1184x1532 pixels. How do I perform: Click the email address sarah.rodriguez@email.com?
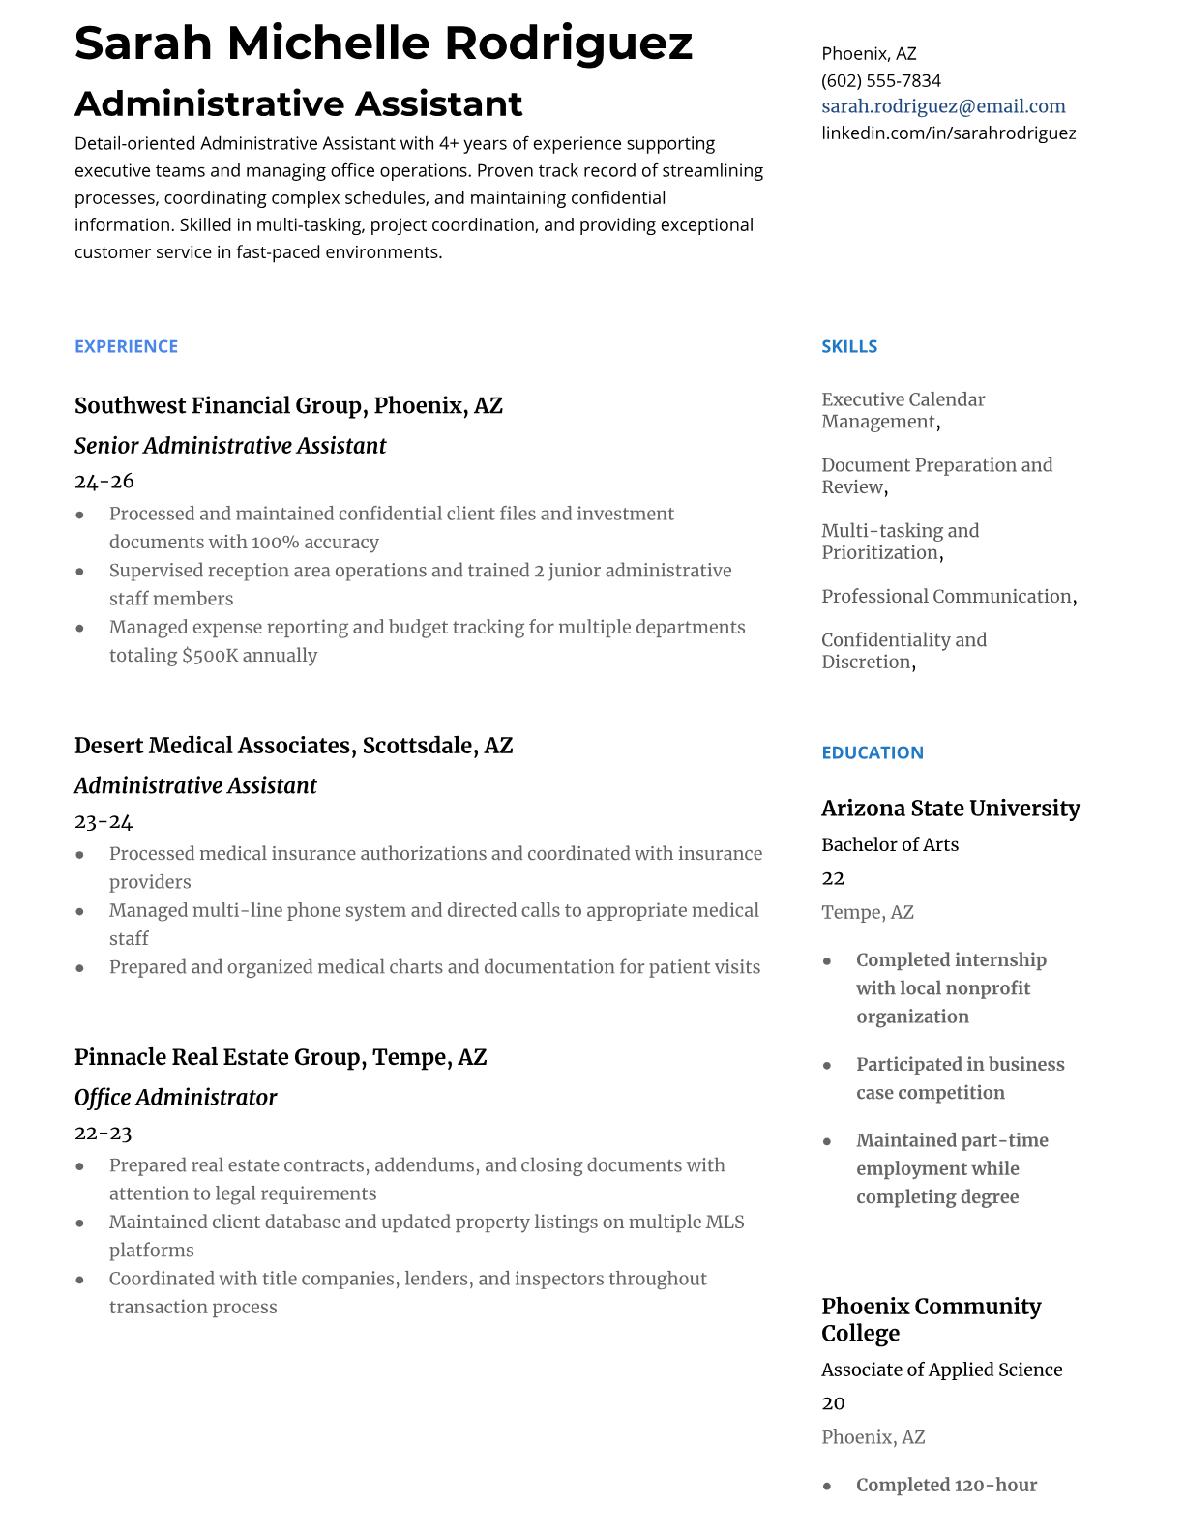943,106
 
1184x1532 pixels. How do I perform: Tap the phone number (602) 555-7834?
880,80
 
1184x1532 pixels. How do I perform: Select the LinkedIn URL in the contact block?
948,133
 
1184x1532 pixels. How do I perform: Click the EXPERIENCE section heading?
126,346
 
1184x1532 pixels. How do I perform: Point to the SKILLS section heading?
849,346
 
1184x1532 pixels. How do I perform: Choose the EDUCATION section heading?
872,752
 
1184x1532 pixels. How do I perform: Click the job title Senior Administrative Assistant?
230,446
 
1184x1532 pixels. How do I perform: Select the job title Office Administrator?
175,1098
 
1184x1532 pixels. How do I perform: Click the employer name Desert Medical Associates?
213,746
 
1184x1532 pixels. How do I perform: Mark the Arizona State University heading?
950,808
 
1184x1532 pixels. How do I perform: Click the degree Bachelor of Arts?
890,844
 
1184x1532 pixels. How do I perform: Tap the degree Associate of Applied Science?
941,1370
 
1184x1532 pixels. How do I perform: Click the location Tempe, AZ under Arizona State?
867,912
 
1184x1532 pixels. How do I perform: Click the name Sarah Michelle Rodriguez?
383,43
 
